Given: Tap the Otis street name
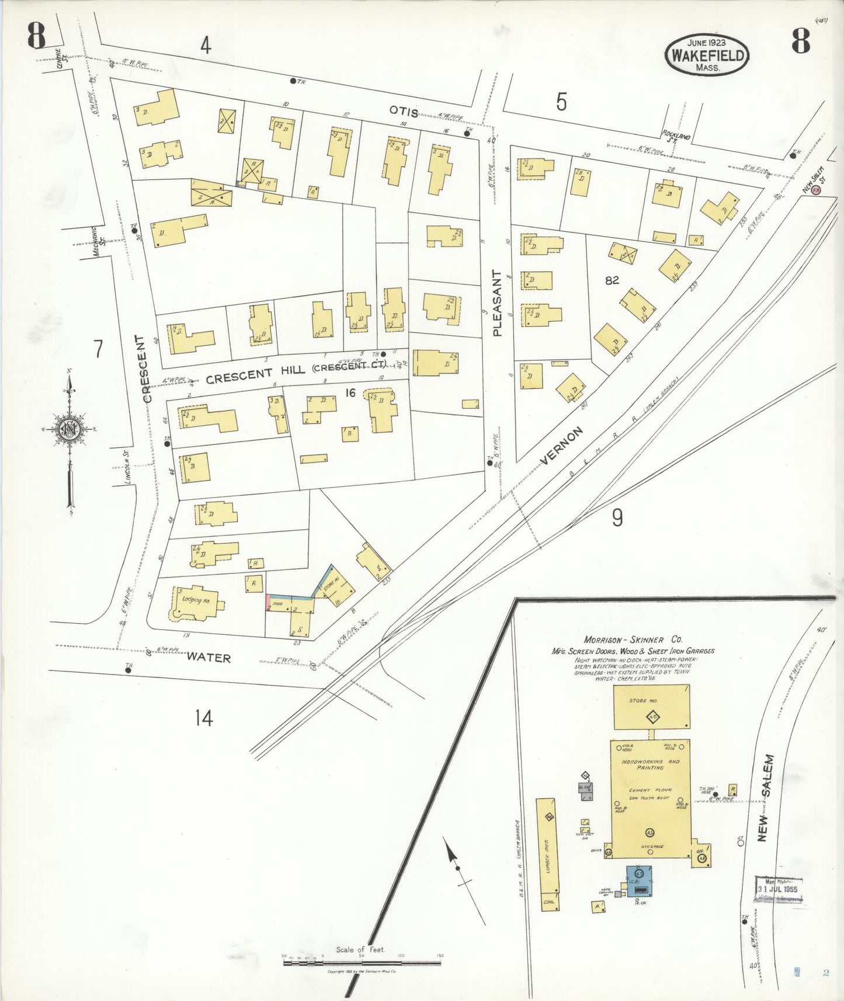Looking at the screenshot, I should tap(404, 112).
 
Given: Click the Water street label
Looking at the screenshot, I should tap(209, 658).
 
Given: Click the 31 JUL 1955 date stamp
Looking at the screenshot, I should tap(777, 889).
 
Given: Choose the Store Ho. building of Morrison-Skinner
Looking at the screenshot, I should tap(651, 707).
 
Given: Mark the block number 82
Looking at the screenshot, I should tap(612, 280).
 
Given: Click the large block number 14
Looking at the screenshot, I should tap(204, 718).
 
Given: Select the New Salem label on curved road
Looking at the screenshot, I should tap(765, 797).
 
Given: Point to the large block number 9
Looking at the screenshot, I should tap(617, 517).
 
